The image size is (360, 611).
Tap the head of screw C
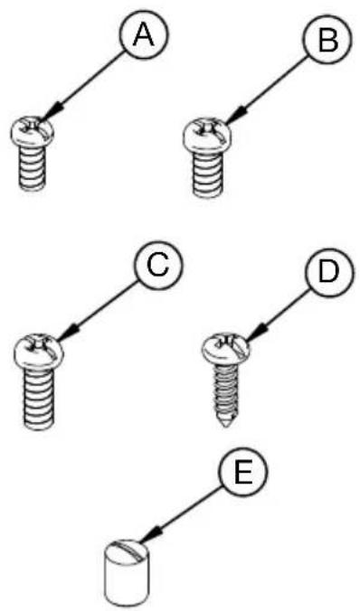40,351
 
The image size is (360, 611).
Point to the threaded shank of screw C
40,399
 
